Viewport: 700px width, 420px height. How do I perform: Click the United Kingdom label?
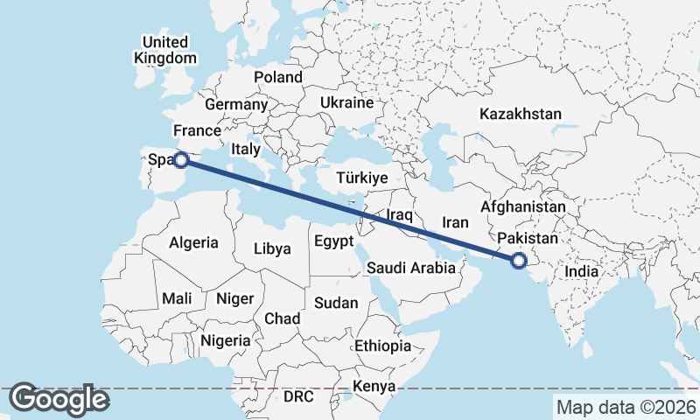coord(165,50)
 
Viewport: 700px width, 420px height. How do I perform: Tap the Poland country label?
coord(277,77)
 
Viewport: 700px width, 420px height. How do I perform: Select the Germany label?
coord(235,104)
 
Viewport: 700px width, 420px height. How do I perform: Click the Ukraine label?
coord(346,102)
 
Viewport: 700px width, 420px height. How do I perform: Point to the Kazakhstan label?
coord(520,114)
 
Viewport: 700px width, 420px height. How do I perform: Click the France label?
coord(196,131)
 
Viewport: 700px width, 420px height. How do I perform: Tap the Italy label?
coord(246,150)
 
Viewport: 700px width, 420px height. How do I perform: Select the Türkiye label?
coord(361,178)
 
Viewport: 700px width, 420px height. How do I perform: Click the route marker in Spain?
coord(180,159)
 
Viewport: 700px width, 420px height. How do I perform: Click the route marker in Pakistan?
coord(518,259)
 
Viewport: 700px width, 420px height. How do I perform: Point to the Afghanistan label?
coord(523,207)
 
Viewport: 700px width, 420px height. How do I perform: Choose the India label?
coord(582,271)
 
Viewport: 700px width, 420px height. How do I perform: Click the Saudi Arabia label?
coord(411,268)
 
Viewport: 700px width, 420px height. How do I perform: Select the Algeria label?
coord(193,242)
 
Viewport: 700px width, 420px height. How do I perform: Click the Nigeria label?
coord(225,340)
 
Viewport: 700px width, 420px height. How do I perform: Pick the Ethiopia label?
coord(382,346)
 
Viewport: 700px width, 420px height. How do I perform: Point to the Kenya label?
coord(374,386)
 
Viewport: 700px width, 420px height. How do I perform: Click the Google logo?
coord(59,399)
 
